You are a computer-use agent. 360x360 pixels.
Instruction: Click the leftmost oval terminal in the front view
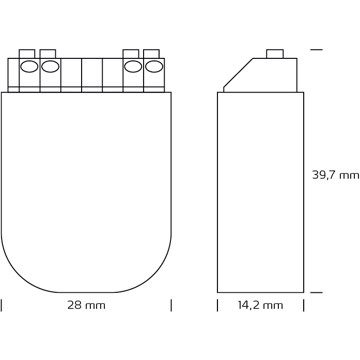29,67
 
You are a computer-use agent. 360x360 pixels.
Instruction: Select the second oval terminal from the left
50,67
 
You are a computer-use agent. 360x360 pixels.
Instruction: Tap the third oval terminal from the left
133,67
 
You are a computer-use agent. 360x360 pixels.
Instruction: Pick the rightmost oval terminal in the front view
154,67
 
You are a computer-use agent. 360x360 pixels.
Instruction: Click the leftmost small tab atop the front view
27,54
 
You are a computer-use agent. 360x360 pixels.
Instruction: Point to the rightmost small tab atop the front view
152,54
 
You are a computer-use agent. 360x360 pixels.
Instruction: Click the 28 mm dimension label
86,305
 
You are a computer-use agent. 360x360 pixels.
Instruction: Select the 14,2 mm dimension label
260,305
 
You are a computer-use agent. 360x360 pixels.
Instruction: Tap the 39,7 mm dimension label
336,175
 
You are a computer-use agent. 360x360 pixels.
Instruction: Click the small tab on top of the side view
275,54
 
